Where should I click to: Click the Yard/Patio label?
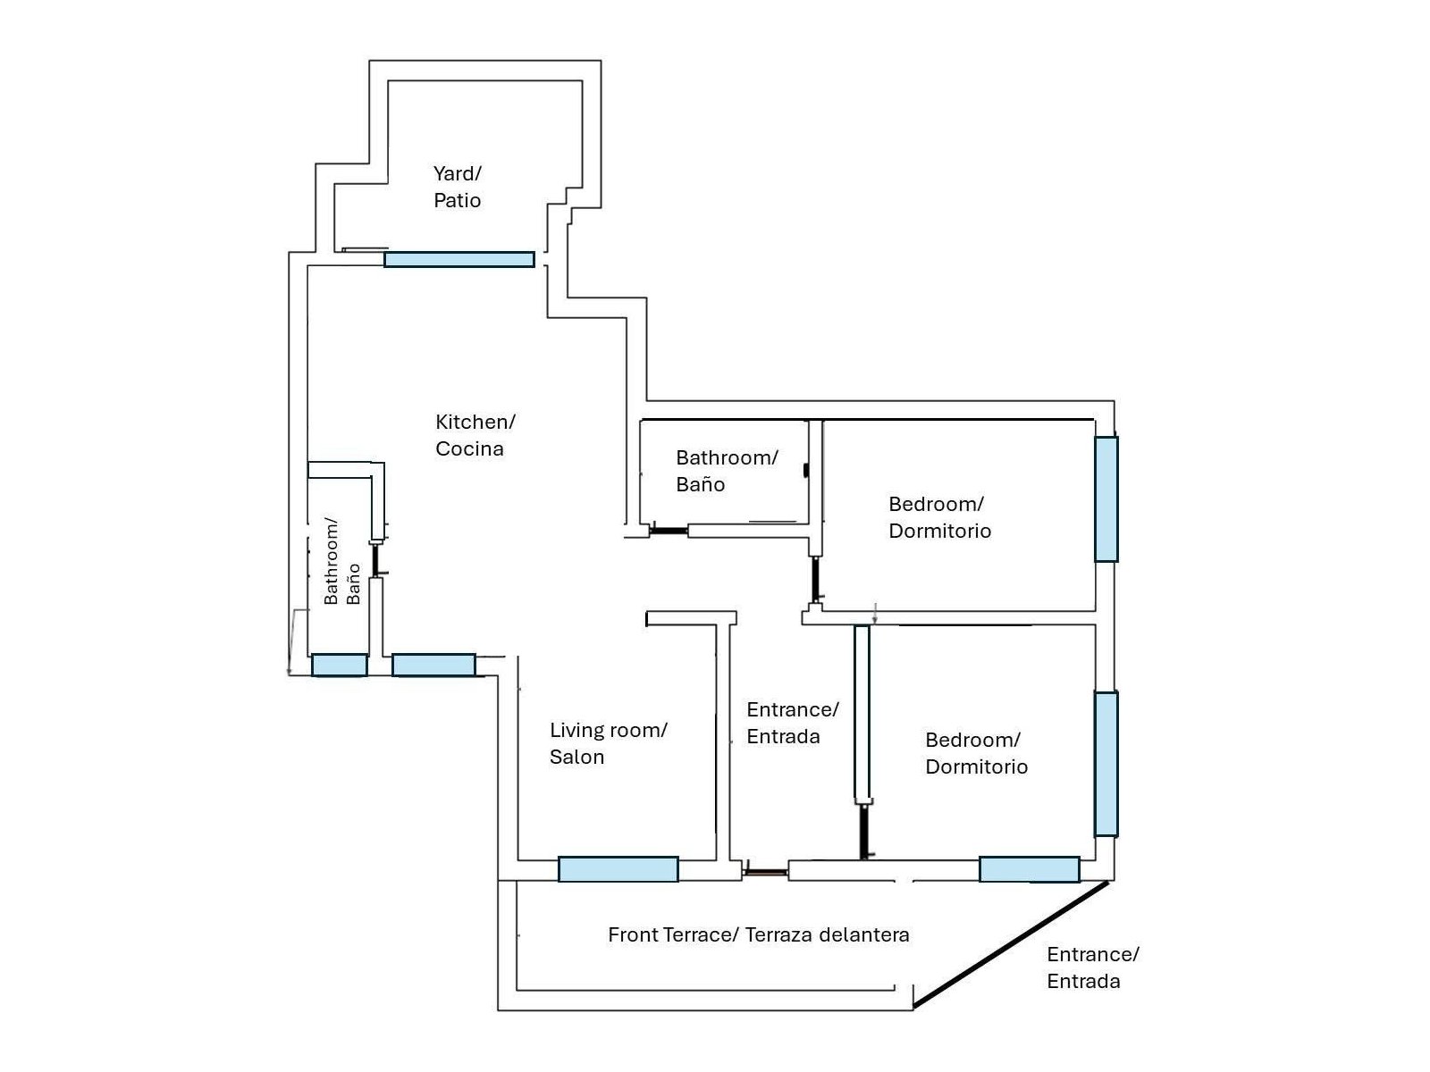457,187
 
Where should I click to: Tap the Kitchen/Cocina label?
475,435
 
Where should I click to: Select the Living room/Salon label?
608,743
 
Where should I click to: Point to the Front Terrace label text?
758,935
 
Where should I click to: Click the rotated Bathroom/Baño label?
342,561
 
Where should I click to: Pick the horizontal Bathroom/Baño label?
726,471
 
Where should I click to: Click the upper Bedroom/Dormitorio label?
939,517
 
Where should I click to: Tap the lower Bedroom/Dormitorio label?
976,753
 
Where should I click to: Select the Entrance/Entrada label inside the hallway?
792,723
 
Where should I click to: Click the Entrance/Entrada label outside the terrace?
1092,967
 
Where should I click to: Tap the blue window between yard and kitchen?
459,260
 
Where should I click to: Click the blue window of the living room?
618,869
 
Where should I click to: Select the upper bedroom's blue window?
1106,498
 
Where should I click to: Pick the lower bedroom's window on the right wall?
1106,764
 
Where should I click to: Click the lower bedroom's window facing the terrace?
1029,869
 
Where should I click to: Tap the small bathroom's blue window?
339,666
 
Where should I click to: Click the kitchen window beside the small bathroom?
433,666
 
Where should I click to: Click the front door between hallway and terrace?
765,871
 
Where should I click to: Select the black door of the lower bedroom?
863,831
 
